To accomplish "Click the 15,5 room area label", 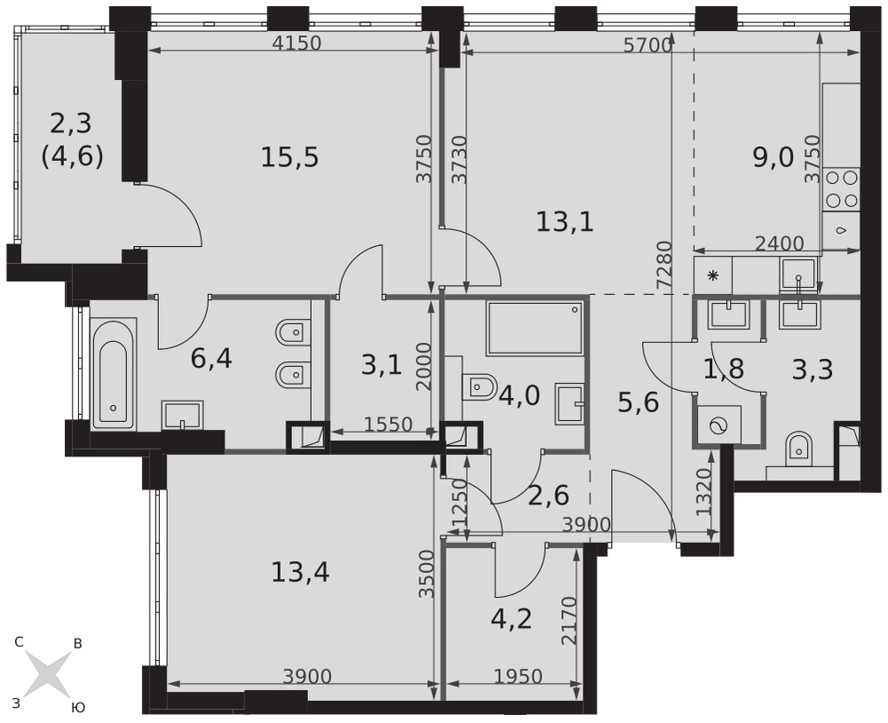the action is (289, 157).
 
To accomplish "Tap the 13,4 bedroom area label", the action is (300, 572).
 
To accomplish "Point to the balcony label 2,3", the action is (71, 123).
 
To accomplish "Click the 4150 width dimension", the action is (297, 43).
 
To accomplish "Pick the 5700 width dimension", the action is (647, 45).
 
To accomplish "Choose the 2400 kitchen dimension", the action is (780, 243).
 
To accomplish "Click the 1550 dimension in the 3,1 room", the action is (388, 424).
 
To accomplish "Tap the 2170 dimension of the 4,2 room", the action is (568, 621).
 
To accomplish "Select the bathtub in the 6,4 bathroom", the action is (114, 374).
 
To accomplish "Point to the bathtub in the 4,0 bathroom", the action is (535, 329).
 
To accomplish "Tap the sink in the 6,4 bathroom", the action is (182, 416).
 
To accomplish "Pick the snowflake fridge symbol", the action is (713, 276).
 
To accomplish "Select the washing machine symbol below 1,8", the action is (719, 425).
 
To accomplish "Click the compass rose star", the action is (48, 674).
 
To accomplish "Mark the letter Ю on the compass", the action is (79, 707).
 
